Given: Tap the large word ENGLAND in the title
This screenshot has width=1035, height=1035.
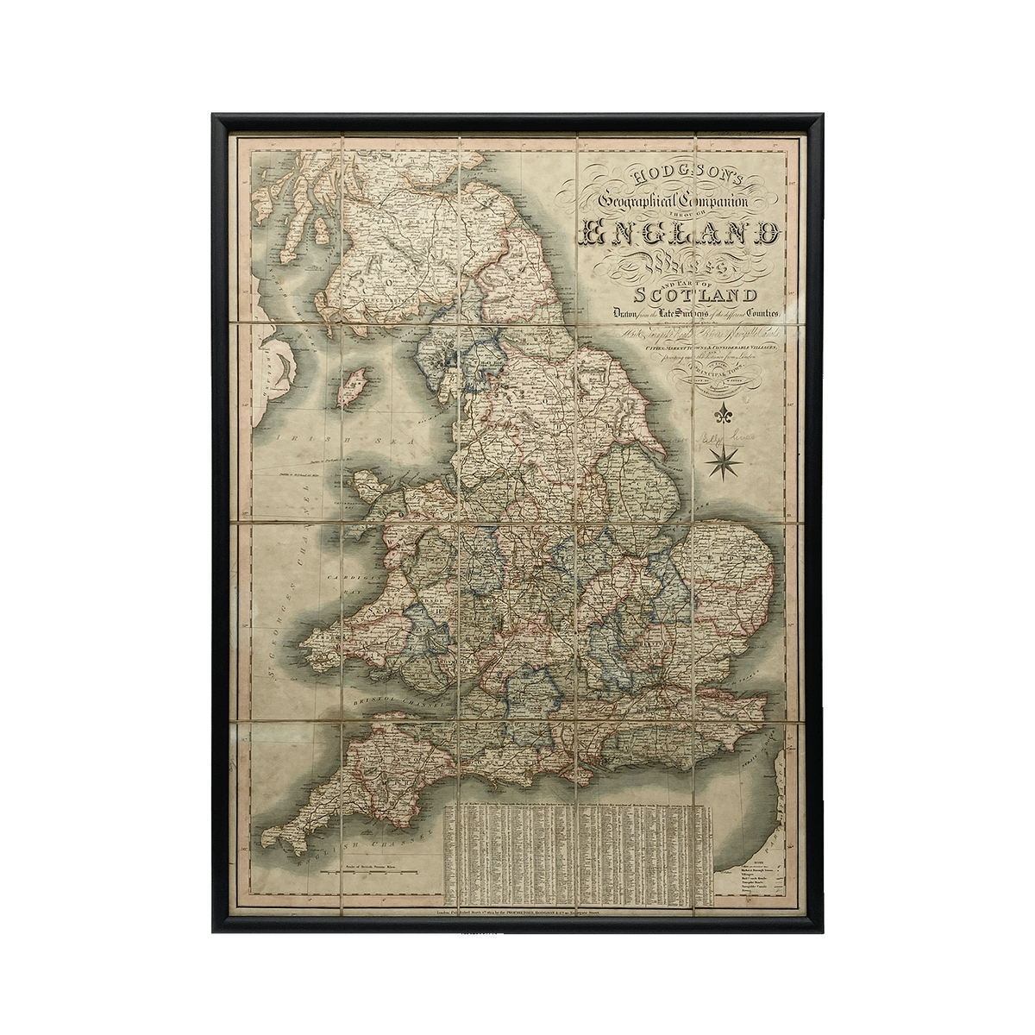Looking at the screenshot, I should click(681, 233).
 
